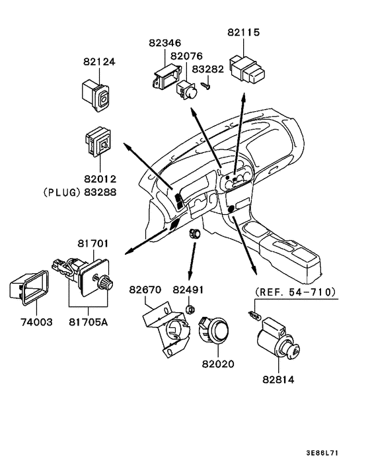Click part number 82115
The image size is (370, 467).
pos(243,32)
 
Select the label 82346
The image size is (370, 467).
pos(165,43)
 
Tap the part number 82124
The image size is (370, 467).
pos(99,62)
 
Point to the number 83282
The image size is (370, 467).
pos(207,69)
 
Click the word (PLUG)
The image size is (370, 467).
pos(62,192)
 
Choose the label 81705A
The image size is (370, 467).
pos(89,322)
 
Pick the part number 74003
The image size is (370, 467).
pos(36,322)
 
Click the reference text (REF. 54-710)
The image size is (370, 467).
pos(295,292)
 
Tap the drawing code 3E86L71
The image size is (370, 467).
pos(322,453)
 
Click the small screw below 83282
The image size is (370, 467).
pos(206,86)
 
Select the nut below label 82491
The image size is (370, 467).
pos(190,310)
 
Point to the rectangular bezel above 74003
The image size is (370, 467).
pos(29,288)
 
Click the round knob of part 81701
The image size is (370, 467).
pos(106,282)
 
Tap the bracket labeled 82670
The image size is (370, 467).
pos(165,329)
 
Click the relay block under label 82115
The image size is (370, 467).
pos(247,69)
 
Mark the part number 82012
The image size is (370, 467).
pos(100,179)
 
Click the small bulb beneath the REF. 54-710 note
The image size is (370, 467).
pos(254,314)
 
